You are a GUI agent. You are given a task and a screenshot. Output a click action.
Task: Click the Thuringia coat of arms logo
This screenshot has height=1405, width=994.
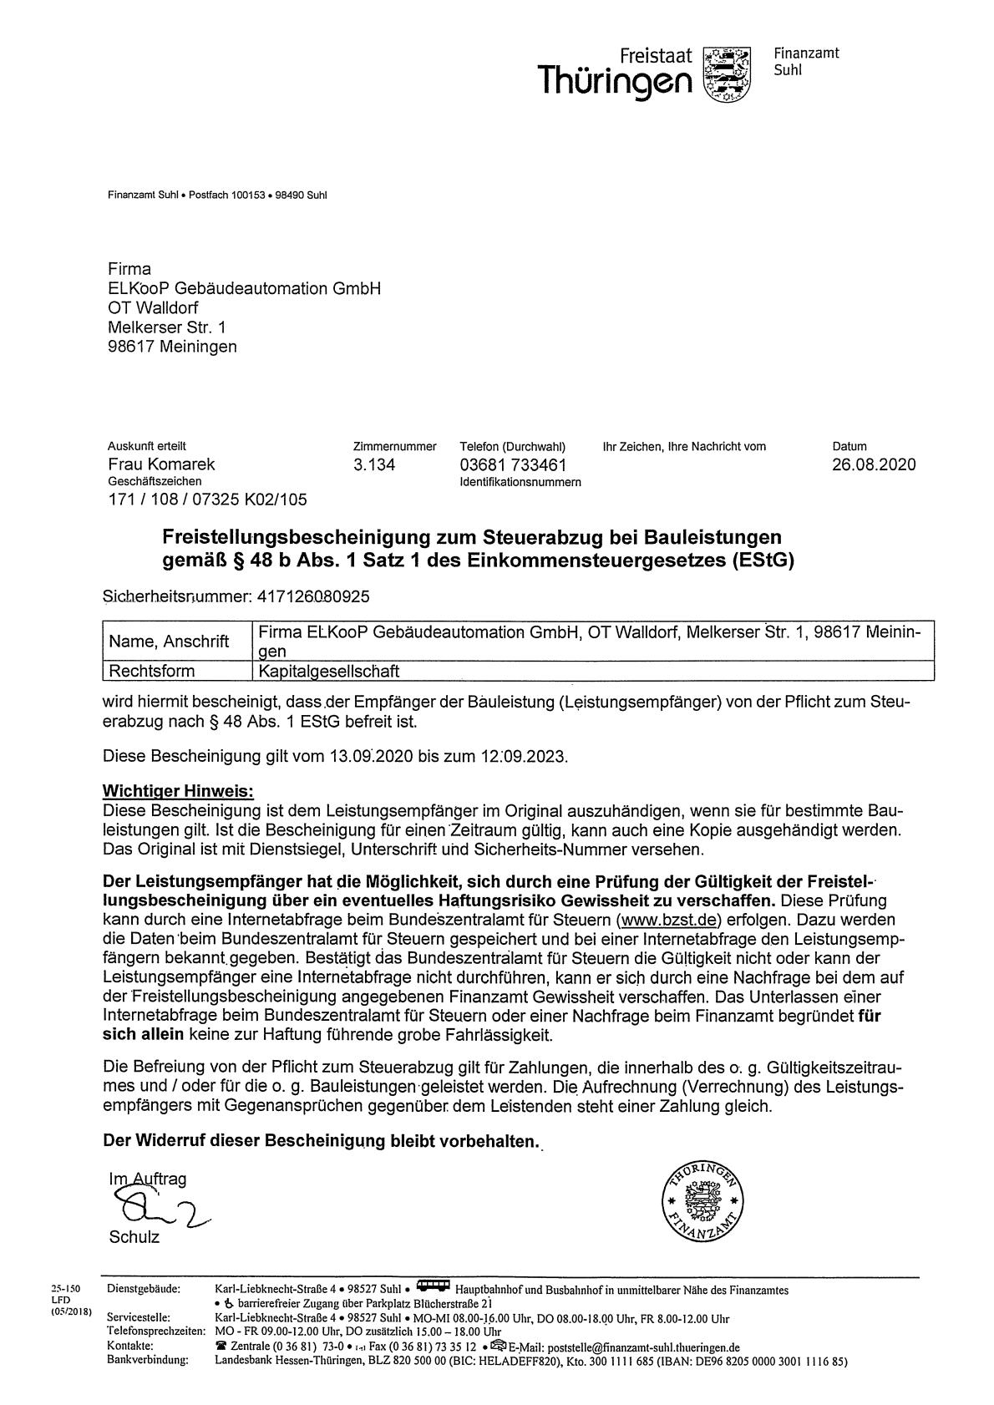728,74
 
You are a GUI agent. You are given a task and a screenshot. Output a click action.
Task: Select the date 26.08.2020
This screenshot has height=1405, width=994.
874,464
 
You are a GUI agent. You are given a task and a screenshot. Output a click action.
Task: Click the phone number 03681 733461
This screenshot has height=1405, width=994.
513,464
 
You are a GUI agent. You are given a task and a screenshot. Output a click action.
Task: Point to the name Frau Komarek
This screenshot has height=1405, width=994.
161,464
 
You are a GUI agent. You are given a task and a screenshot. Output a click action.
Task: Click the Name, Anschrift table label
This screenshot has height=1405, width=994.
170,642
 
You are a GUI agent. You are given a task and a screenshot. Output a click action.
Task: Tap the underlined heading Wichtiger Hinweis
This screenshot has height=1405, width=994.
177,790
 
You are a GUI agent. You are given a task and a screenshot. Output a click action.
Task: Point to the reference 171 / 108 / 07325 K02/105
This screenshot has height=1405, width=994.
207,500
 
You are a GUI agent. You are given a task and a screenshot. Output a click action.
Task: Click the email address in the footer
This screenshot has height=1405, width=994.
643,1347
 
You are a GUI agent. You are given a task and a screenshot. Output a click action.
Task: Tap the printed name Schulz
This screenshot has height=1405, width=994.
134,1237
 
